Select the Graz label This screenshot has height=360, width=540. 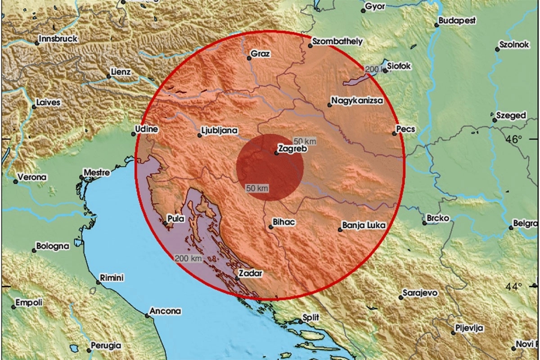[261, 54]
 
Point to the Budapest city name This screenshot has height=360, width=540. [457, 21]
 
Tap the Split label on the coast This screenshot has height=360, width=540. [312, 317]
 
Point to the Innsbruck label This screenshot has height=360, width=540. [58, 39]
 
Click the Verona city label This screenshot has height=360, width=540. [32, 177]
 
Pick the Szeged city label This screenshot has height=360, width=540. [511, 116]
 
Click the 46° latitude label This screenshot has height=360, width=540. [513, 139]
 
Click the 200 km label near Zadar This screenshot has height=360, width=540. [189, 258]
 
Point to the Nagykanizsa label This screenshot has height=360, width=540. [357, 101]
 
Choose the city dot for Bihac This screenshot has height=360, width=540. [270, 227]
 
